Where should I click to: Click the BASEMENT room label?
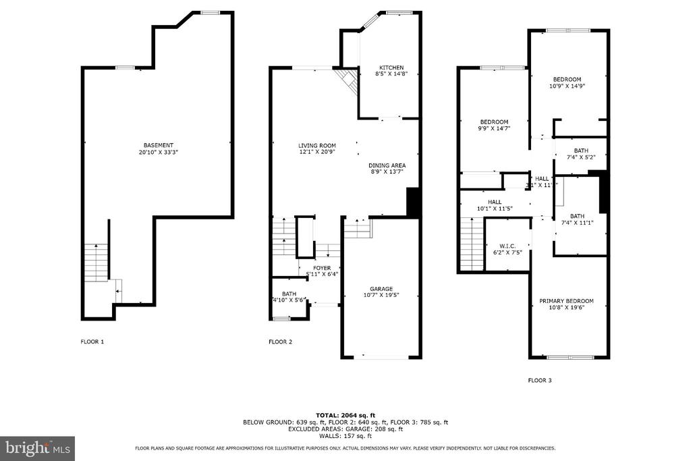coord(158,145)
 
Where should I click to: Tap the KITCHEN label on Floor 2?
coord(391,67)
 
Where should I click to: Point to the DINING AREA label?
coord(387,165)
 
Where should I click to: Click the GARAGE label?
coord(381,288)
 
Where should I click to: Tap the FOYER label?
coord(321,268)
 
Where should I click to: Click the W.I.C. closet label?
coord(507,245)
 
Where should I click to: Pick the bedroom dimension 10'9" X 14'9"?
coord(566,86)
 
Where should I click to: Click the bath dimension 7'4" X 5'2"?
coord(580,157)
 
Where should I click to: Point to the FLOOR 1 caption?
coord(92,342)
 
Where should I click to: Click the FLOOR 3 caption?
coord(540,381)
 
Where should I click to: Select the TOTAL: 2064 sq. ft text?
coord(345,415)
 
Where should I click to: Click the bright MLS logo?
coord(37,448)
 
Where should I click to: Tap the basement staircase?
coord(96,262)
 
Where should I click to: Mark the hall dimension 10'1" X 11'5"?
coord(495,209)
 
